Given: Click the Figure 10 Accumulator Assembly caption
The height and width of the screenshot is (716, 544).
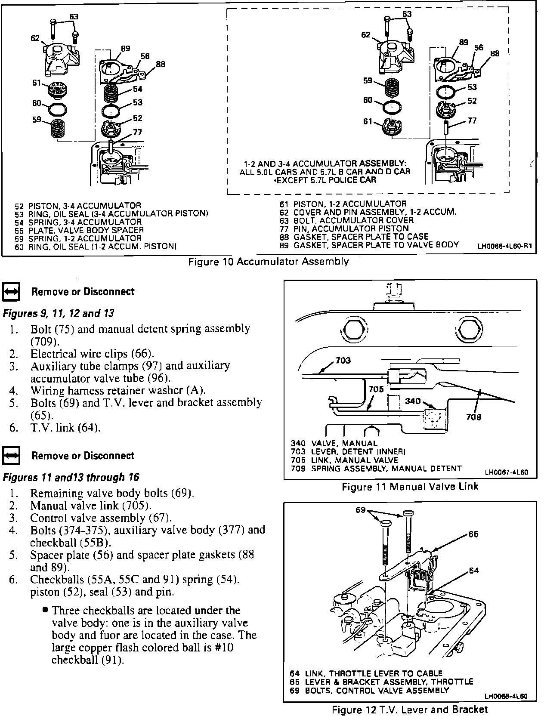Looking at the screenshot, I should [x=269, y=262].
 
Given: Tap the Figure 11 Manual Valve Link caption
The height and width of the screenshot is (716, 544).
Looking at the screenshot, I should [x=410, y=487].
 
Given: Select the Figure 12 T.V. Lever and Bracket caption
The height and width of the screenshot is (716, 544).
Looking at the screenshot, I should [x=410, y=710].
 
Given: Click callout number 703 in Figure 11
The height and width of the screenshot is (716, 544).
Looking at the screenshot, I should [x=343, y=361].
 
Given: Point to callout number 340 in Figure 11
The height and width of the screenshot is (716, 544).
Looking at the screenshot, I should [x=413, y=401].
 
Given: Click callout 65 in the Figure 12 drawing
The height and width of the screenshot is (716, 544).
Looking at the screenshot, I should [x=473, y=534].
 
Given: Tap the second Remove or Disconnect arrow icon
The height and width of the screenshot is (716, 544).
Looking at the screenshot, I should [x=11, y=456].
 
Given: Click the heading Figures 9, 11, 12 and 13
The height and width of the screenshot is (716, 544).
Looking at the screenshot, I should [x=59, y=313].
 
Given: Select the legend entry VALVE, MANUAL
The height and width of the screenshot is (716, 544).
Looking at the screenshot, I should [x=334, y=444].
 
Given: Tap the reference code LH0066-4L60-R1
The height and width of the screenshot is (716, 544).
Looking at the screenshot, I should [x=505, y=247].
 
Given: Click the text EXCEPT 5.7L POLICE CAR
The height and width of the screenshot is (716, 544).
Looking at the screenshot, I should [x=325, y=179].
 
